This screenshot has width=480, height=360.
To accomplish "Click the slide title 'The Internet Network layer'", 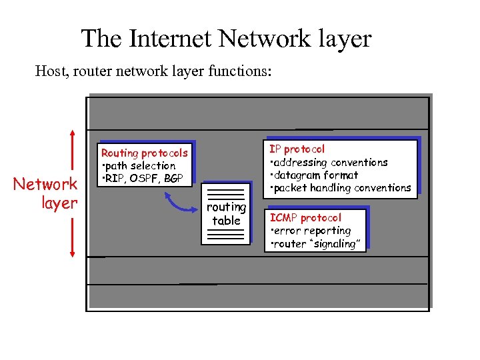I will click(x=226, y=39).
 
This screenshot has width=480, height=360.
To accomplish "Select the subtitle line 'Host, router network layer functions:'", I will click(x=153, y=71).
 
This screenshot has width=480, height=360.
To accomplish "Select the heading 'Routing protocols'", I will click(x=144, y=153).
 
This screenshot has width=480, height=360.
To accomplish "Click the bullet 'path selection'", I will click(x=141, y=166).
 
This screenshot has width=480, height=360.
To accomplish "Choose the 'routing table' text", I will click(x=226, y=214).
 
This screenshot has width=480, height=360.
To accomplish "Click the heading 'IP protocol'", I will click(x=297, y=149).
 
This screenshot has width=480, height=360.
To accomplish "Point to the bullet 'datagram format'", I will click(x=315, y=175).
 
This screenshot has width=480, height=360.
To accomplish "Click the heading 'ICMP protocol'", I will click(x=305, y=218).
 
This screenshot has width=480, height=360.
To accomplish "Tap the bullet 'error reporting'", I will click(x=312, y=231).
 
